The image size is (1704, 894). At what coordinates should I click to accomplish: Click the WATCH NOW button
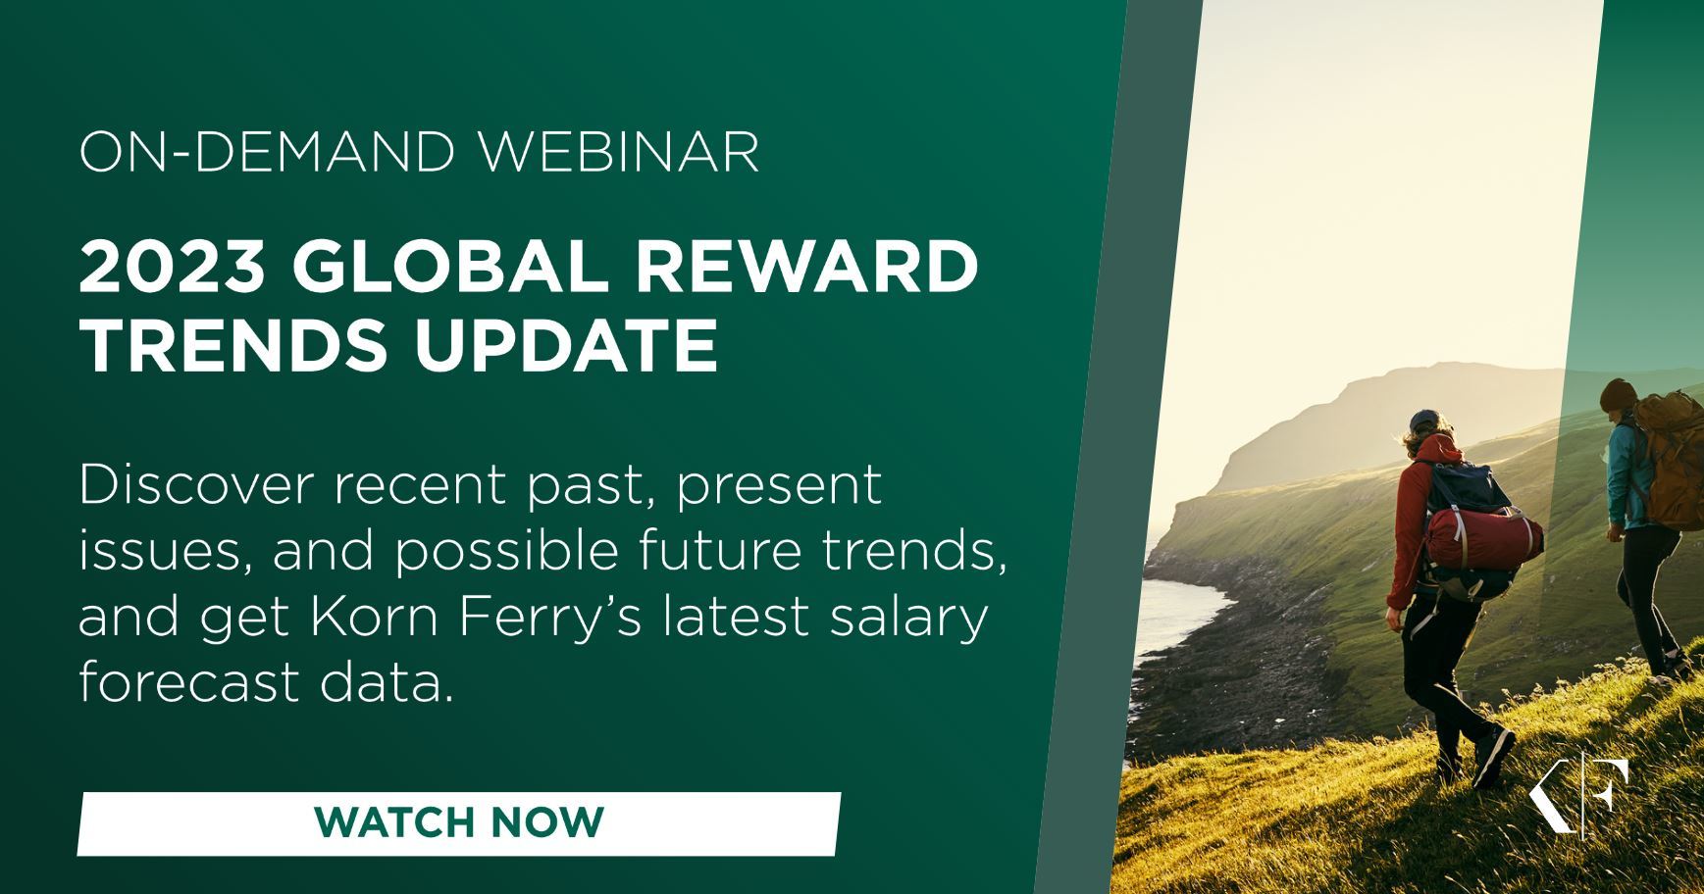(x=459, y=823)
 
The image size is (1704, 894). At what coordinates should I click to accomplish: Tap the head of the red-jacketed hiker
(x=1431, y=431)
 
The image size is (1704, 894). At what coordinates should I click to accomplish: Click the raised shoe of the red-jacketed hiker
(x=1492, y=755)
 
